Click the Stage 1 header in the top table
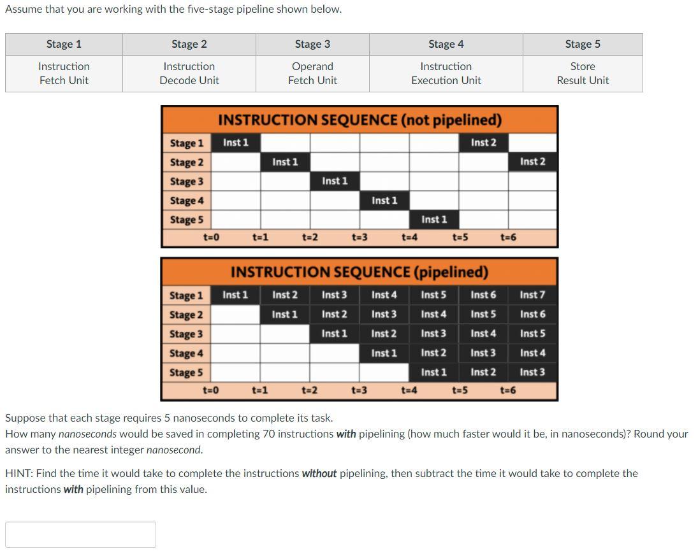coord(64,44)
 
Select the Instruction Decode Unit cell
coord(189,73)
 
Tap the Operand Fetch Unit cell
coord(312,73)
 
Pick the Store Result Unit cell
coord(583,73)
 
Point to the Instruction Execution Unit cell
coord(446,73)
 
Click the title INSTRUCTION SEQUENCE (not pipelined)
coord(360,120)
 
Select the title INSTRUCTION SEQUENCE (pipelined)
coord(360,272)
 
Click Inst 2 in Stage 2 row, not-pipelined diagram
coord(532,162)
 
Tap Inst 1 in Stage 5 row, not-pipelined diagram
coord(434,219)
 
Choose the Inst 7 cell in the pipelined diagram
coord(532,295)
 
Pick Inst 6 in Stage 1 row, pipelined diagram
coord(483,295)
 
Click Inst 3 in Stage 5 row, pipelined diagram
coord(532,372)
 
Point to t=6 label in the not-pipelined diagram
coord(508,238)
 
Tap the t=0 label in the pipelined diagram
coord(211,390)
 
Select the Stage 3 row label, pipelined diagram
coord(186,334)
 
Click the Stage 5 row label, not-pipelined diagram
coord(186,220)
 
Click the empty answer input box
coord(80,534)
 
